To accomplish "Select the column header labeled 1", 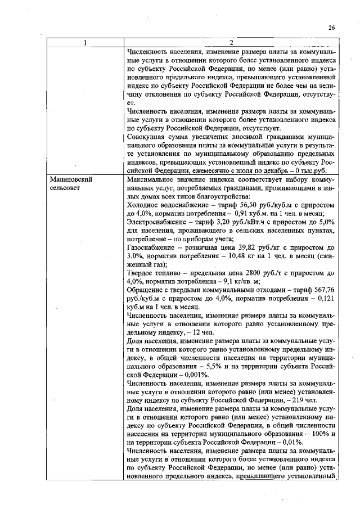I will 85,44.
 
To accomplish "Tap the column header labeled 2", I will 232,44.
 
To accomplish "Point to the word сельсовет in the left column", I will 65,188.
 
